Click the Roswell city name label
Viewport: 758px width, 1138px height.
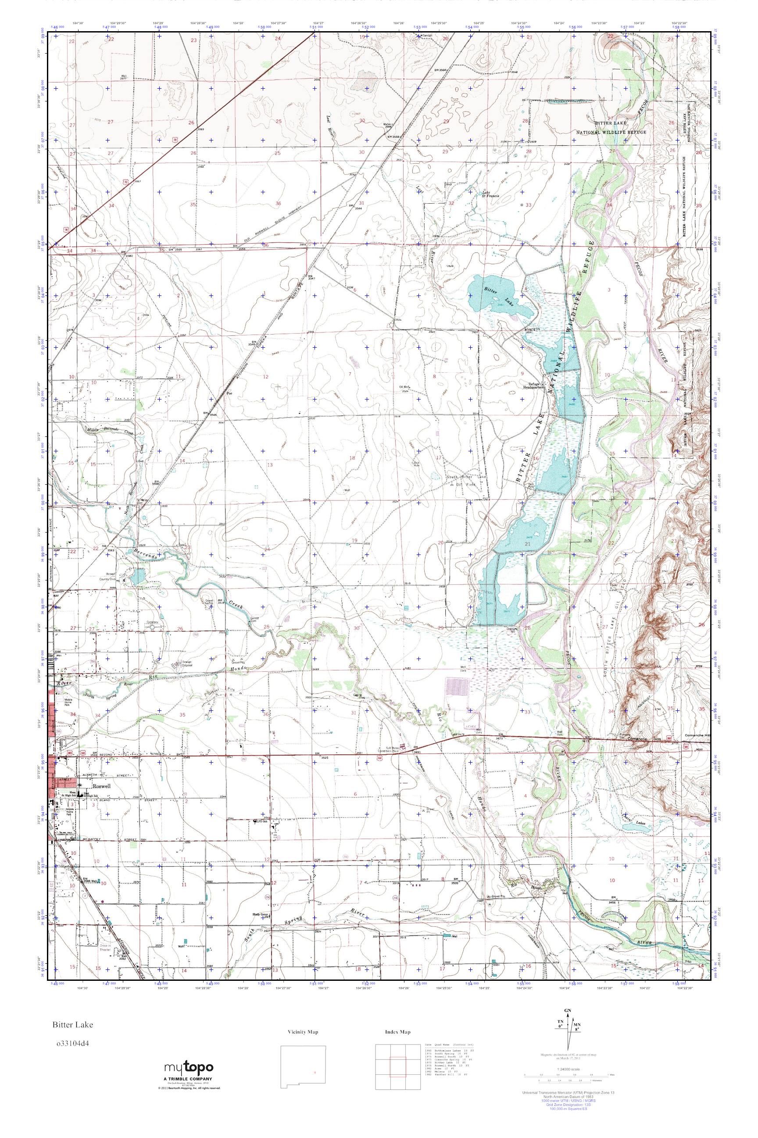pyautogui.click(x=102, y=786)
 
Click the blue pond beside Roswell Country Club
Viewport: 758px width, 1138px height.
pyautogui.click(x=137, y=576)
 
